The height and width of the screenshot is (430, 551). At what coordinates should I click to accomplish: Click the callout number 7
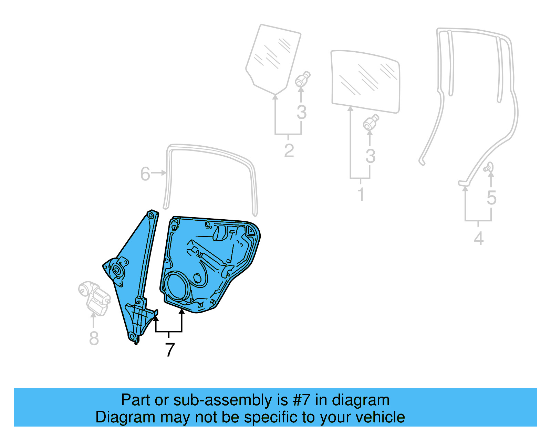(170, 350)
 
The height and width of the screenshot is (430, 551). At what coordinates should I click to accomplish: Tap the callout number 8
(94, 338)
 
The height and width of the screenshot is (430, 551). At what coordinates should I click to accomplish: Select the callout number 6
(145, 174)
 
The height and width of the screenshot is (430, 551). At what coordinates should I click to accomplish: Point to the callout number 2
(289, 151)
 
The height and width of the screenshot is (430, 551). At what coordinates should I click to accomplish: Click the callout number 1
(361, 195)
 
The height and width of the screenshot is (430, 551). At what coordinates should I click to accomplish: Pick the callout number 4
(478, 239)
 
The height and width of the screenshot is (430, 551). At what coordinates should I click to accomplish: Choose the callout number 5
(491, 198)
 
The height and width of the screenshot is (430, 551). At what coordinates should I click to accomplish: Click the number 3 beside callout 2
(301, 113)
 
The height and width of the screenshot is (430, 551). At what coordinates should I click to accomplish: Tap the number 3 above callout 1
(370, 156)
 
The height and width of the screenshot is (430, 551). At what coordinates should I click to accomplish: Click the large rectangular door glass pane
(365, 82)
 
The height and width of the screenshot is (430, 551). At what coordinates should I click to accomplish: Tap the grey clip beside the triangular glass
(302, 80)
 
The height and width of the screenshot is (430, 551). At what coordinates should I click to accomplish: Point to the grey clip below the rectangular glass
(371, 123)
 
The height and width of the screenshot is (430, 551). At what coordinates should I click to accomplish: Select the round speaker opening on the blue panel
(177, 285)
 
